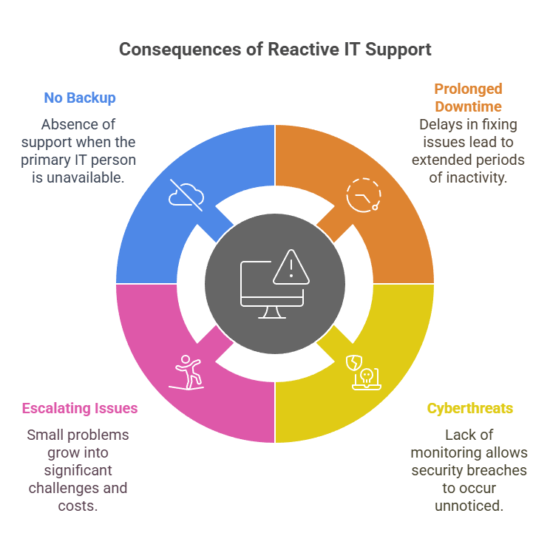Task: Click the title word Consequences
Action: tap(180, 50)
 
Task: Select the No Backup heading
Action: tap(80, 98)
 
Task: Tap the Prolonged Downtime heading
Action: tap(468, 98)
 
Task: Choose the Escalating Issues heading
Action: tap(80, 408)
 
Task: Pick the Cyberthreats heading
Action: tap(470, 408)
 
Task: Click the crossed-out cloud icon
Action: tap(186, 195)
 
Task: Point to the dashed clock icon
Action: tap(364, 195)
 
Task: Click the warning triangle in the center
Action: tap(291, 267)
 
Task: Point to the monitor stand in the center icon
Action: tap(272, 313)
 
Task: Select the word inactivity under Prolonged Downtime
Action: tap(475, 178)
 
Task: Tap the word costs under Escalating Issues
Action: tap(78, 506)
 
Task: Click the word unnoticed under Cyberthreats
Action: tap(469, 506)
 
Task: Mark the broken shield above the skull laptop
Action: tap(354, 363)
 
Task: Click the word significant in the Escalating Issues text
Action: tap(78, 471)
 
